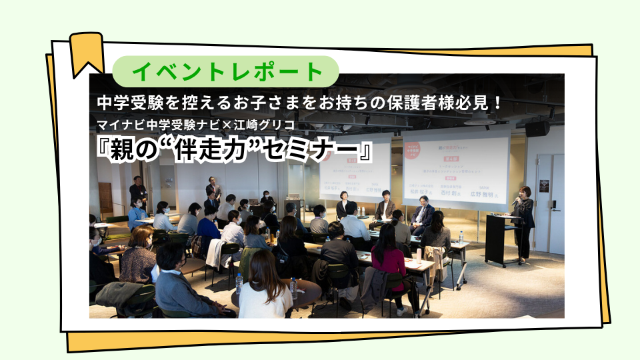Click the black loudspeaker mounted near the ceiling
click(536, 129)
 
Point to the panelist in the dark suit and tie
click(421, 217)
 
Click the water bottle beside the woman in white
click(293, 287)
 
